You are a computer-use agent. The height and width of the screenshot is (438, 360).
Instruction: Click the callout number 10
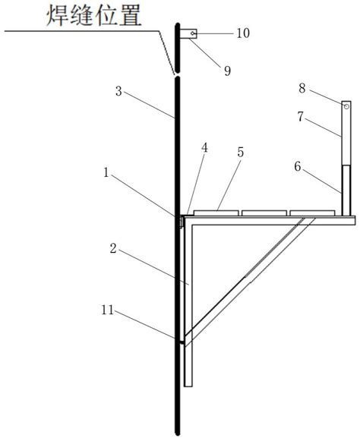point(243,33)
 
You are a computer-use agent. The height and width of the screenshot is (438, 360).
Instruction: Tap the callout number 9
point(228,71)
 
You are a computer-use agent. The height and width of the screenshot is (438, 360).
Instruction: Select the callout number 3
point(118,91)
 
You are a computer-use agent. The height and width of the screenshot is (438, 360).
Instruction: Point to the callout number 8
point(302,89)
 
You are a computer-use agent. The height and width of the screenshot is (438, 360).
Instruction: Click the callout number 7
point(301,117)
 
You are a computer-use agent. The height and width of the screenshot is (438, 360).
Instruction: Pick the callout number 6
point(298,167)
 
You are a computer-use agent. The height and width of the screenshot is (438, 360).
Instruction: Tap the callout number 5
point(241,153)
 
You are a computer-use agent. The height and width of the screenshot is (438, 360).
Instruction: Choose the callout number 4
point(205,148)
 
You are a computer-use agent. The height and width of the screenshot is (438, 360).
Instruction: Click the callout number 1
point(106,172)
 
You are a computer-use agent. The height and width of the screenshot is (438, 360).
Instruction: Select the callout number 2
point(113,248)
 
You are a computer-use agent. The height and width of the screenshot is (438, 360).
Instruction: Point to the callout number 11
point(108,310)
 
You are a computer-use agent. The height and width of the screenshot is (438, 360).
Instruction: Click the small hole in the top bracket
point(193,33)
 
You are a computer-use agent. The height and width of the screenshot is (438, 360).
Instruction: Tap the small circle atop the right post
point(346,106)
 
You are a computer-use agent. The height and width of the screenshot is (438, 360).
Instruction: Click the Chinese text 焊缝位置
point(94,16)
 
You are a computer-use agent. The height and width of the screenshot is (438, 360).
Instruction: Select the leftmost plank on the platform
point(216,213)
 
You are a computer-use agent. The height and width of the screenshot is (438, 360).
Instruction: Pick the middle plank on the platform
point(264,213)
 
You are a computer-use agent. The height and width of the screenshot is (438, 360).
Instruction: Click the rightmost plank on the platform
point(312,213)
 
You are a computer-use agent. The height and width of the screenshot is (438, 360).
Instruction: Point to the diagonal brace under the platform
point(250,280)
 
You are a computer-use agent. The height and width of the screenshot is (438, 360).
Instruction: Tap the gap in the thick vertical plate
point(177,75)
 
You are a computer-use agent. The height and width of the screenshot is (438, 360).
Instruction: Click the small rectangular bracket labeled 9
point(188,33)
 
